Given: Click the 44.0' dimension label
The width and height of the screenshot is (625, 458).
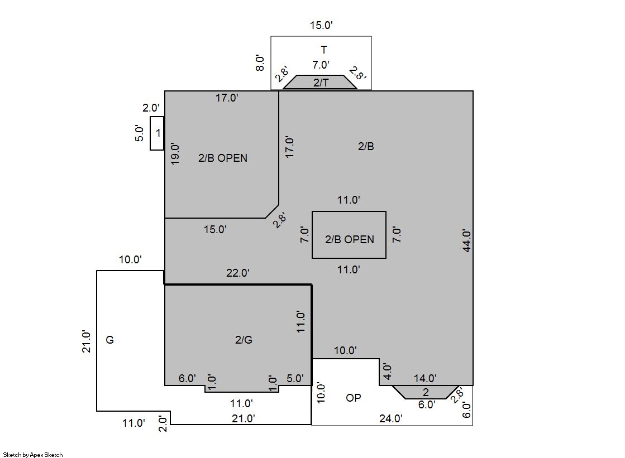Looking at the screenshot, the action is pyautogui.click(x=467, y=240).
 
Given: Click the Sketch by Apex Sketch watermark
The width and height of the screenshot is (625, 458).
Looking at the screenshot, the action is pyautogui.click(x=33, y=455).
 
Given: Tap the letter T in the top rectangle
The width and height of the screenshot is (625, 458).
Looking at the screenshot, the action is pyautogui.click(x=323, y=50).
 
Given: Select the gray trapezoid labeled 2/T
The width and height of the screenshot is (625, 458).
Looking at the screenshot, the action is pyautogui.click(x=320, y=82).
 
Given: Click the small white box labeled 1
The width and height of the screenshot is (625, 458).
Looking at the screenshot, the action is pyautogui.click(x=157, y=133).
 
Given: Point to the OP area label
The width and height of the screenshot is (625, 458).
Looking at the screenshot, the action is pyautogui.click(x=353, y=397).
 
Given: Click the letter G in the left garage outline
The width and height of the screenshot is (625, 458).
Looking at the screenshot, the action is pyautogui.click(x=109, y=340).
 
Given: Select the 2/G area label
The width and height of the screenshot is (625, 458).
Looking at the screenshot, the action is pyautogui.click(x=244, y=340).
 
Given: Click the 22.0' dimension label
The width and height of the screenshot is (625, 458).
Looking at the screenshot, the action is pyautogui.click(x=237, y=273).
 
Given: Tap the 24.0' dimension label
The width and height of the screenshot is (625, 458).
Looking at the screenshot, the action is pyautogui.click(x=390, y=418).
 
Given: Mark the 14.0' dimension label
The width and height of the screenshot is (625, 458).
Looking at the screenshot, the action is pyautogui.click(x=425, y=378).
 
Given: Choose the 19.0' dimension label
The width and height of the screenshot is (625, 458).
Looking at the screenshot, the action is pyautogui.click(x=175, y=154).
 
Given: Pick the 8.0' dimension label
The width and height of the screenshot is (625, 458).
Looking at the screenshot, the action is pyautogui.click(x=260, y=63).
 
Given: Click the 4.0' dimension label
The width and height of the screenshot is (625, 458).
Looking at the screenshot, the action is pyautogui.click(x=387, y=371).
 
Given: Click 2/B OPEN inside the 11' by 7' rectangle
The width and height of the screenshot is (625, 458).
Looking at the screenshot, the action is pyautogui.click(x=350, y=239).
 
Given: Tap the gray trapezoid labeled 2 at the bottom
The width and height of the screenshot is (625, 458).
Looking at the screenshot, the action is pyautogui.click(x=425, y=392).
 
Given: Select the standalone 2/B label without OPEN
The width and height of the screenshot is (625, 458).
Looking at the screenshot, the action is pyautogui.click(x=366, y=146).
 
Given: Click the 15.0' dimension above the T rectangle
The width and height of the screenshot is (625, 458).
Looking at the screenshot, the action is pyautogui.click(x=321, y=25).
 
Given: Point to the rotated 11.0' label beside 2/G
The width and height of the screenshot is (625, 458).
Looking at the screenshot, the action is pyautogui.click(x=300, y=322).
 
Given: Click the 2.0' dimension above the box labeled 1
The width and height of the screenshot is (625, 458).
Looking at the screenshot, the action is pyautogui.click(x=151, y=108).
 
